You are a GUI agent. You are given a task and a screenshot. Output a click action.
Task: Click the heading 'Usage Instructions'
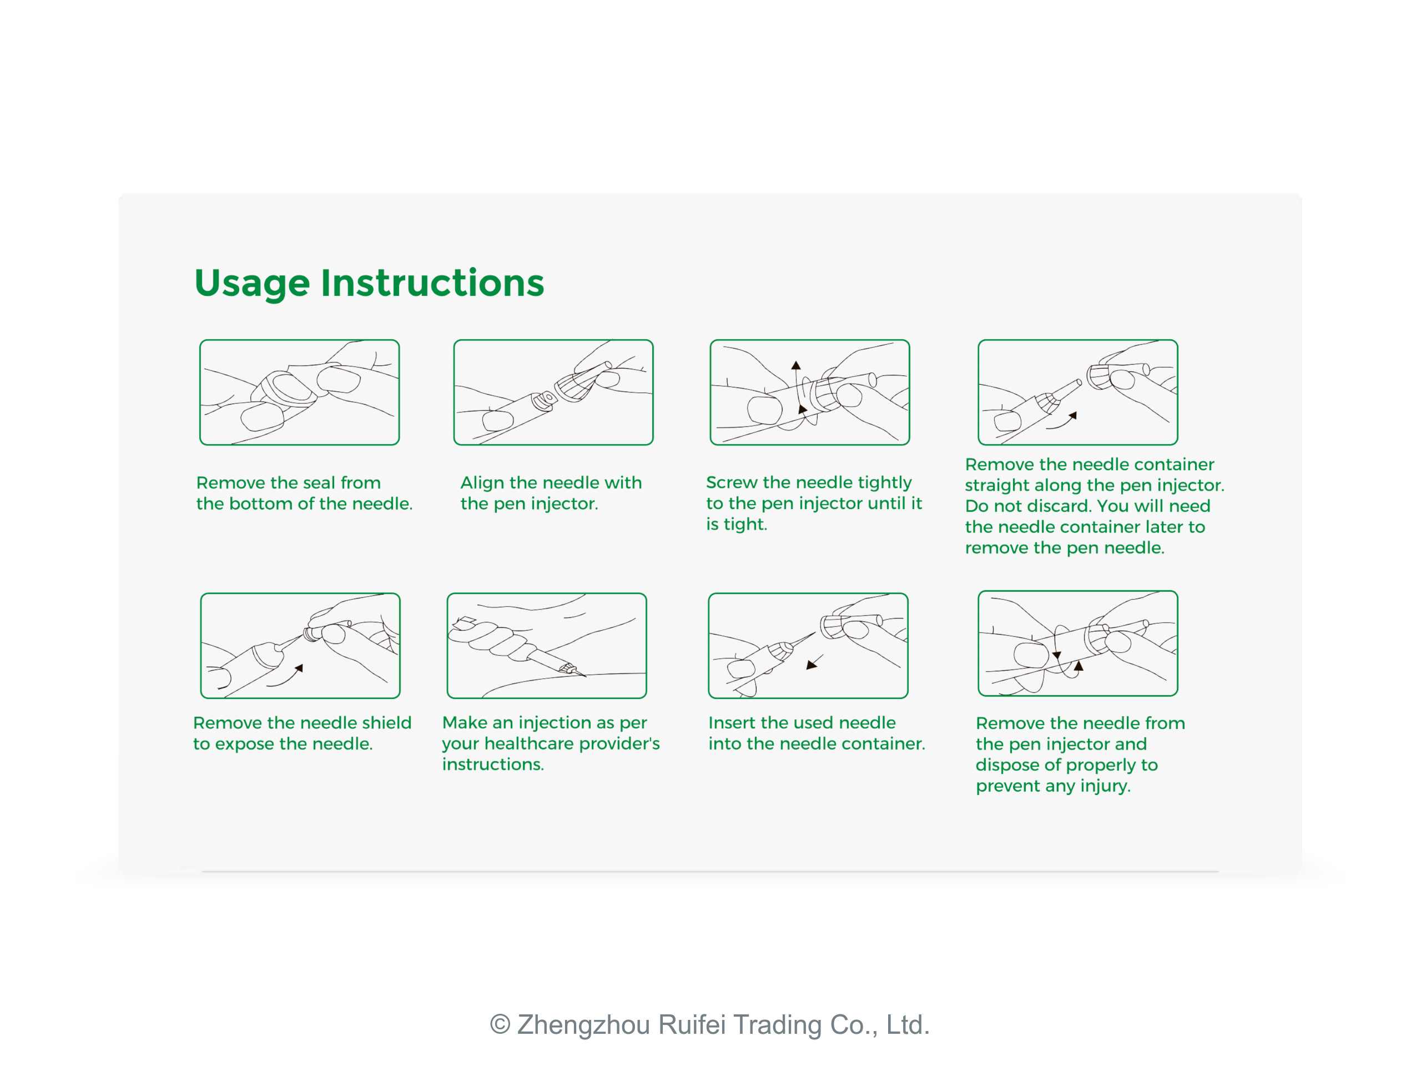point(369,283)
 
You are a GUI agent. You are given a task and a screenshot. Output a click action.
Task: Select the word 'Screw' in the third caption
point(732,482)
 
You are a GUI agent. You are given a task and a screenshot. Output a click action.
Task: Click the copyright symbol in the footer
point(500,1025)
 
